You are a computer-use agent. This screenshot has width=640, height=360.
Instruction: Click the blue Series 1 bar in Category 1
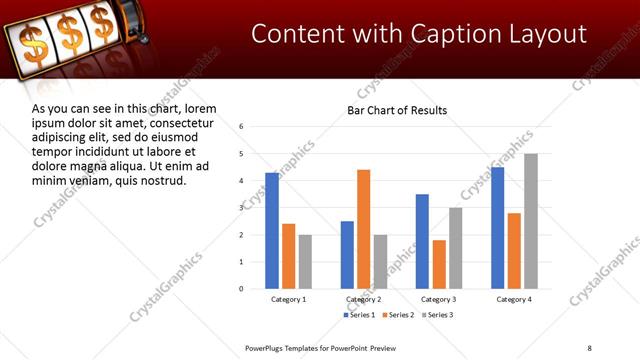coord(272,230)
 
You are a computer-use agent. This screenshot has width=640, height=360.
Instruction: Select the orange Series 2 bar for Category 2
coord(363,229)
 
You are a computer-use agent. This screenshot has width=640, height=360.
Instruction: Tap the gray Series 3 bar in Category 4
coord(531,221)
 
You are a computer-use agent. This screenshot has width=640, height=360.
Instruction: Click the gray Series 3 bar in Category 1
coord(305,261)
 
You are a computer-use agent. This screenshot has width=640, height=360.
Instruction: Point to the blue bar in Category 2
coord(347,254)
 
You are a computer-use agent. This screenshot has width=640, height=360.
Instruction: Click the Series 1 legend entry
coord(359,315)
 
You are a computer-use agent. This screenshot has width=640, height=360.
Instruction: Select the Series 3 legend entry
coord(437,315)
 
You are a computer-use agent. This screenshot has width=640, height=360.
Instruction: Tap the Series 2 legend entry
coord(398,315)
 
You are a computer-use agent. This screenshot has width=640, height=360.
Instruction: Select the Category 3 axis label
coord(440,300)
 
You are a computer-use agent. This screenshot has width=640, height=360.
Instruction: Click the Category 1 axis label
coord(289,300)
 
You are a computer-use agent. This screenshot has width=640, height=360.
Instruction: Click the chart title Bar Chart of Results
coord(397,110)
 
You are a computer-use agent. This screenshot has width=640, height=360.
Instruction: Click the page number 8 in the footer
coord(589,347)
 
